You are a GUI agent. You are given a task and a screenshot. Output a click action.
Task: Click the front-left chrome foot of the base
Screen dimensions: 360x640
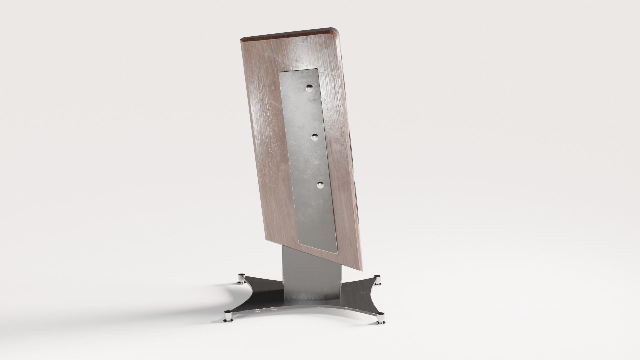pos(228,317)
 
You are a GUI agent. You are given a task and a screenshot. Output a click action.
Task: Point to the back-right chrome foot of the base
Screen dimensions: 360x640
pos(377,280)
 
